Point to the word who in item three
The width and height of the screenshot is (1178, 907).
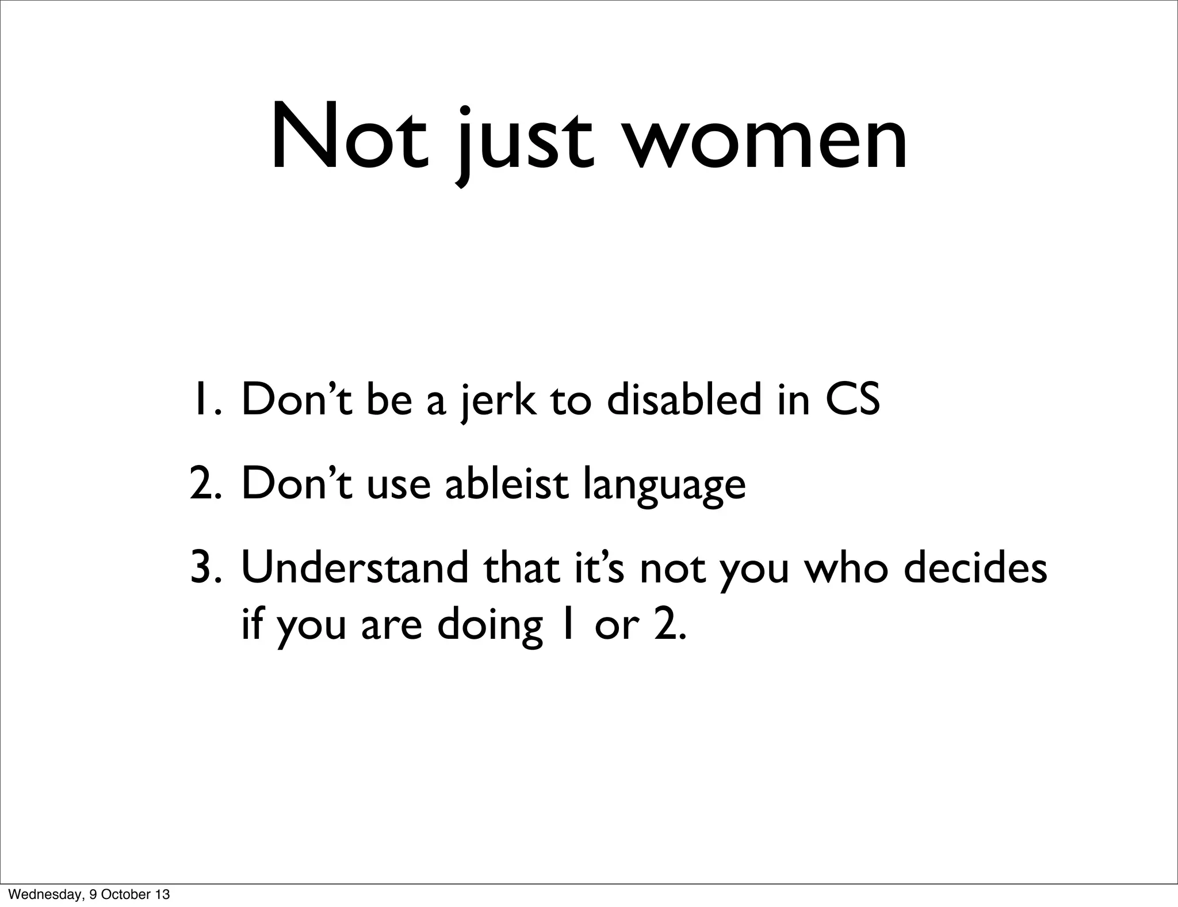point(844,567)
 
